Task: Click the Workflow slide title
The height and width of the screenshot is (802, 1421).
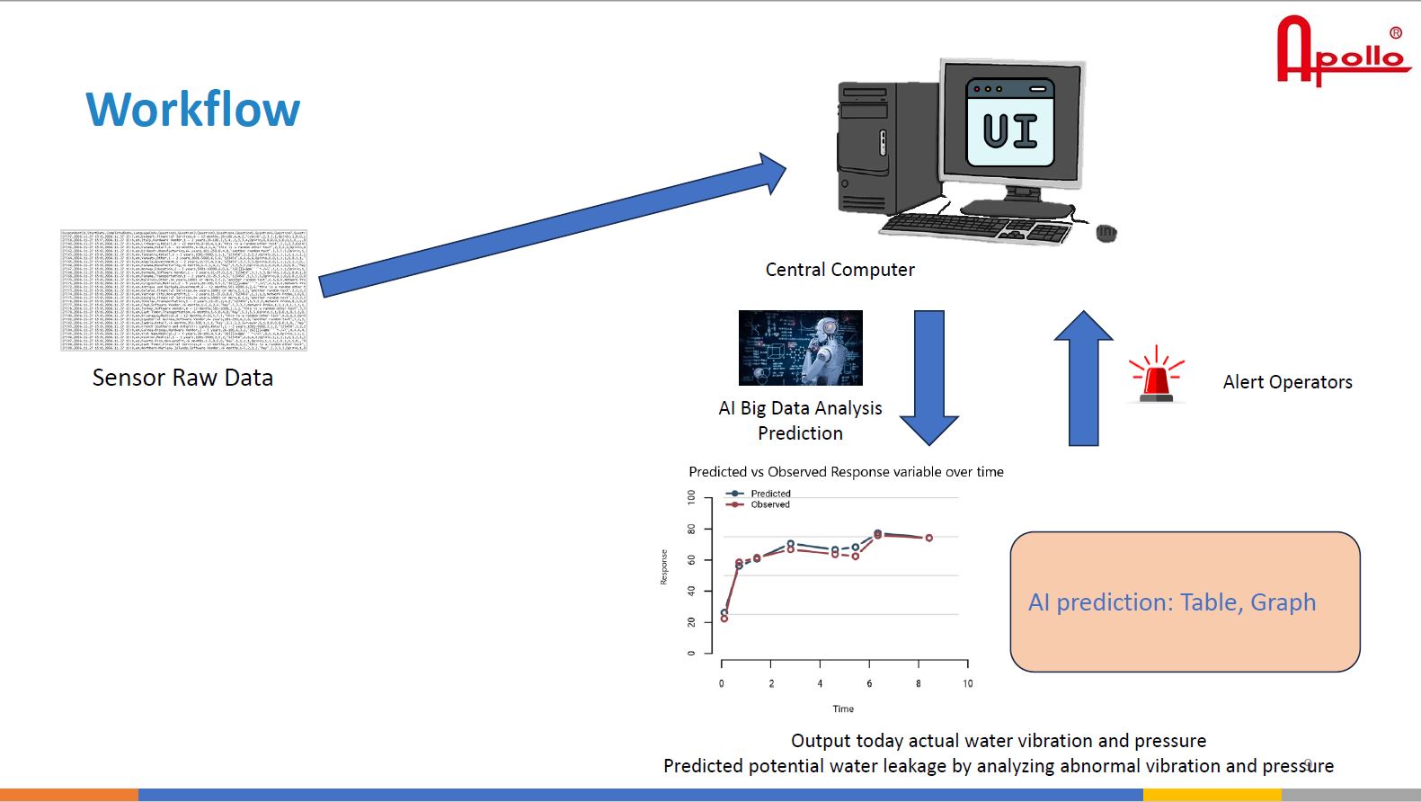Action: click(x=192, y=110)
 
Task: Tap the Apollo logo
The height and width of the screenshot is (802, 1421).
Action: click(x=1342, y=53)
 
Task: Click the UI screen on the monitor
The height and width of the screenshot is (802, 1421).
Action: click(x=1010, y=124)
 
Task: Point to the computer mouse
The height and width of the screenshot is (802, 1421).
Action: click(x=1106, y=234)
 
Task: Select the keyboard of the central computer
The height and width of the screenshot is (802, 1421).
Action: click(x=975, y=227)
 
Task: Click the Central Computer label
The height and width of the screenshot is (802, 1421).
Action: click(x=839, y=270)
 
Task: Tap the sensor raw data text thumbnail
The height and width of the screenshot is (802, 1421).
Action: click(x=183, y=290)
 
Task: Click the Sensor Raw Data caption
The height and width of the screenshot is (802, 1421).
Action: click(x=182, y=378)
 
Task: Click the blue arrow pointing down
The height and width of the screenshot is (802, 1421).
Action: click(x=929, y=378)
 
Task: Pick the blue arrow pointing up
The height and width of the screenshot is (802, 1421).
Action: click(x=1084, y=378)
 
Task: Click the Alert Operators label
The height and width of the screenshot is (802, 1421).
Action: click(x=1287, y=382)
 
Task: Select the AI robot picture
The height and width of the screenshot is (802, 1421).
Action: click(x=800, y=348)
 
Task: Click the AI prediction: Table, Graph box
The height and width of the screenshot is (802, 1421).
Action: click(x=1185, y=601)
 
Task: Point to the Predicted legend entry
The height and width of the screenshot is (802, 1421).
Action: click(x=770, y=494)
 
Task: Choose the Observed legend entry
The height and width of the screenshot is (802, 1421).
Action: click(x=770, y=504)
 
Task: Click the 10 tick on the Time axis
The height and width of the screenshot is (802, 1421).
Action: click(x=968, y=683)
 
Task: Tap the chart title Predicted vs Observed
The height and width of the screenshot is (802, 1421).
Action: click(x=846, y=472)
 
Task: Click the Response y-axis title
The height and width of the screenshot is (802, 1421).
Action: click(x=664, y=567)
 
